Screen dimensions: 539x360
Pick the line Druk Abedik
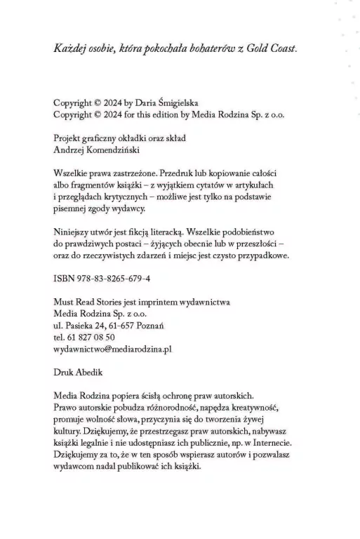[79, 372]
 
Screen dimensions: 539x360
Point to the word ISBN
[64, 279]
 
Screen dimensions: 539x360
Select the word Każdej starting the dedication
[71, 48]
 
